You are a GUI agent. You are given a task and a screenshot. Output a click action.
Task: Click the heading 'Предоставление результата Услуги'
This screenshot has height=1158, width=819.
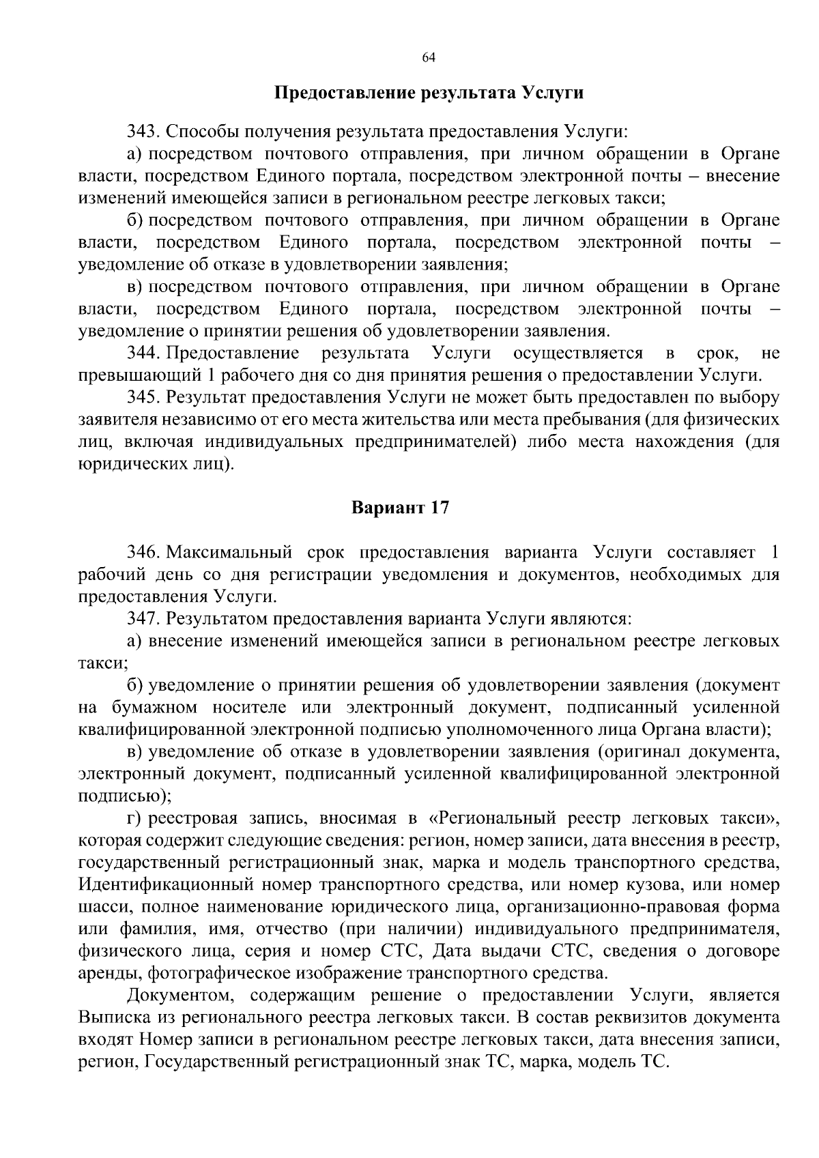[x=429, y=92]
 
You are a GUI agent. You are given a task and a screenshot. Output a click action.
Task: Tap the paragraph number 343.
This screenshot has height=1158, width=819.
[x=142, y=131]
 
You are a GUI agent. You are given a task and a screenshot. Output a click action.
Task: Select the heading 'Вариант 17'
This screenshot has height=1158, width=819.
[x=401, y=508]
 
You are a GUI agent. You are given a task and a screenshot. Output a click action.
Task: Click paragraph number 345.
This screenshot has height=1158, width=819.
[x=142, y=398]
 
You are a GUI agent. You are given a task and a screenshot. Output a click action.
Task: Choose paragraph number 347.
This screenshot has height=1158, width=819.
[x=142, y=619]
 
